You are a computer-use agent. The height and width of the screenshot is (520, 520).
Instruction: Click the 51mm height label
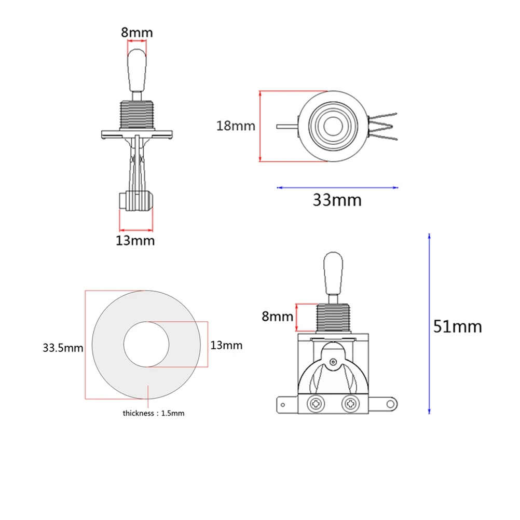click(x=457, y=326)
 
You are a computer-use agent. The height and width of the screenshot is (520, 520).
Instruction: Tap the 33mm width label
click(x=337, y=200)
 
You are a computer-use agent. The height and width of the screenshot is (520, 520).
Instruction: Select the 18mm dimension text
click(x=236, y=126)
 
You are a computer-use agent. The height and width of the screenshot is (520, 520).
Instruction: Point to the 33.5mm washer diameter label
click(x=63, y=348)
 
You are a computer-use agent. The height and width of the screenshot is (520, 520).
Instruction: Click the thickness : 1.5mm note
click(x=154, y=413)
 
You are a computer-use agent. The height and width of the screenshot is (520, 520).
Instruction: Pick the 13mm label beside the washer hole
click(x=226, y=346)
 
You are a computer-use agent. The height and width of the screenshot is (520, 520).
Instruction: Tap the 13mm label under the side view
click(x=135, y=241)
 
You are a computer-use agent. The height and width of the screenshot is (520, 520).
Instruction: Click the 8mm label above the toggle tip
click(x=136, y=33)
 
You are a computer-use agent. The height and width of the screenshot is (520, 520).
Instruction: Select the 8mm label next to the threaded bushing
click(x=277, y=317)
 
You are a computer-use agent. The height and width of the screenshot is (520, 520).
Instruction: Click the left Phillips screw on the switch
click(x=315, y=404)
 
